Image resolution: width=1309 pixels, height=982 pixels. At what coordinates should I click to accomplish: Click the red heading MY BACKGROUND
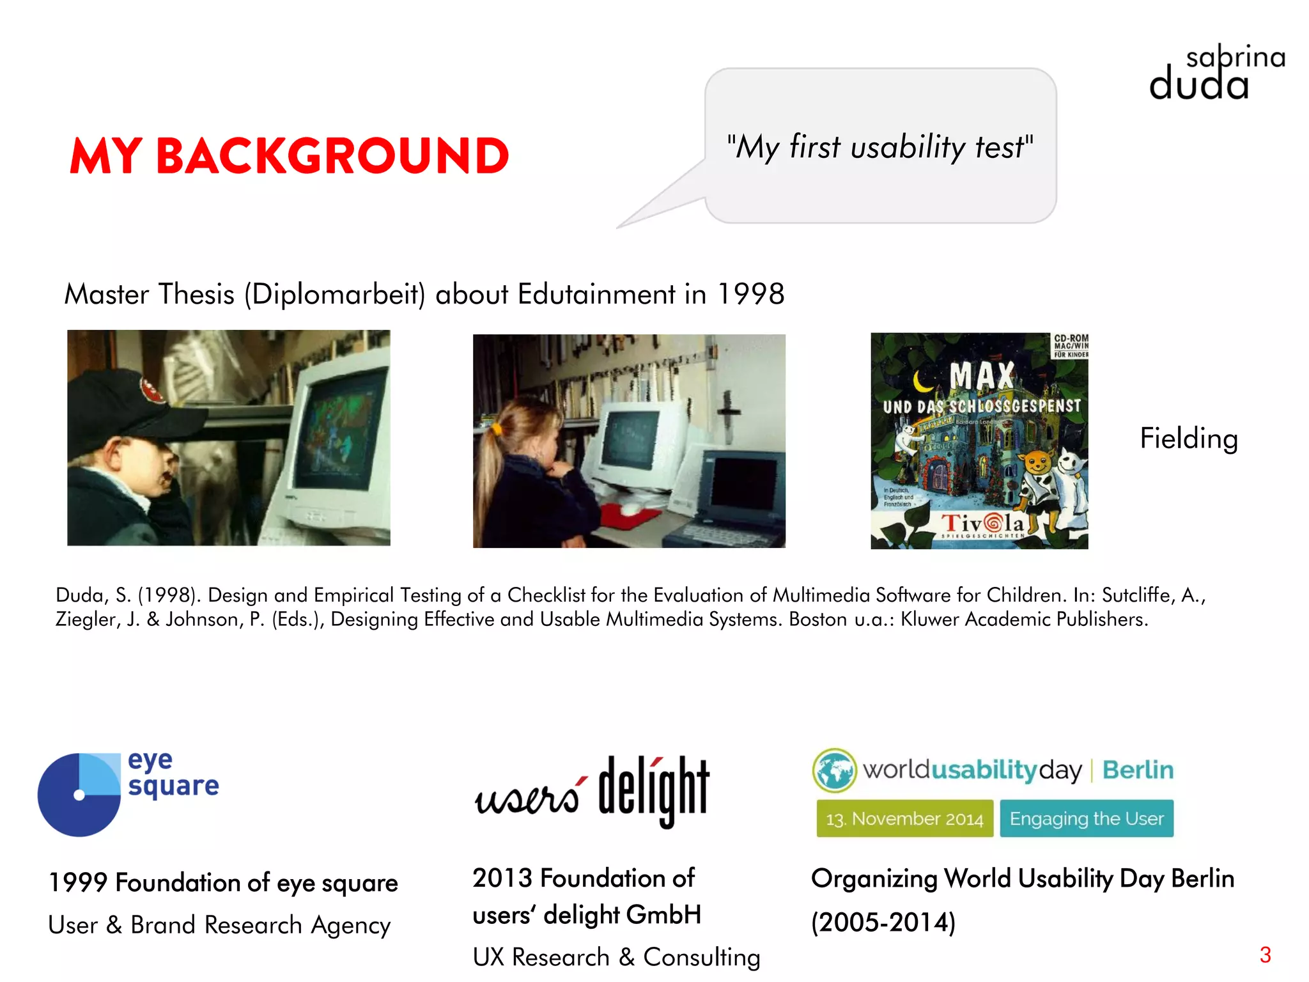pos(289,156)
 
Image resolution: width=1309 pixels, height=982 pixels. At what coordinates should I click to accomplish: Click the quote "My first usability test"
pos(879,147)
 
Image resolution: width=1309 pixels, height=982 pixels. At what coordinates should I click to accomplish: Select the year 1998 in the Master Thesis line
pos(751,295)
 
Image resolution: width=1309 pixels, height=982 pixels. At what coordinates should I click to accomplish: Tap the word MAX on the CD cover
pos(982,376)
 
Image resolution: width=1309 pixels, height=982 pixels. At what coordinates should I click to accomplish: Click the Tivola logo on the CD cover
pos(983,524)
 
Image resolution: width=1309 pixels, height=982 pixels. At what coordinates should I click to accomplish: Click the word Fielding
pos(1189,439)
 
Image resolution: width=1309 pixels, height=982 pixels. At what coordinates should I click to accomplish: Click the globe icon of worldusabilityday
pos(834,770)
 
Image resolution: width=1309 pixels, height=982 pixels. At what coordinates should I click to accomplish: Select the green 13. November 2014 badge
pos(904,818)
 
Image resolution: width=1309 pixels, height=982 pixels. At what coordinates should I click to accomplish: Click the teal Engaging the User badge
pos(1087,818)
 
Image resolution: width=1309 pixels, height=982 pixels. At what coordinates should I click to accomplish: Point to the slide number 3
pos(1265,955)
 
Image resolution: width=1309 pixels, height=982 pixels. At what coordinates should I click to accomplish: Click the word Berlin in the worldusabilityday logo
pos(1138,770)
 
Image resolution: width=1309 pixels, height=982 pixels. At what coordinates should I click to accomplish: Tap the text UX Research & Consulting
pos(616,957)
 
